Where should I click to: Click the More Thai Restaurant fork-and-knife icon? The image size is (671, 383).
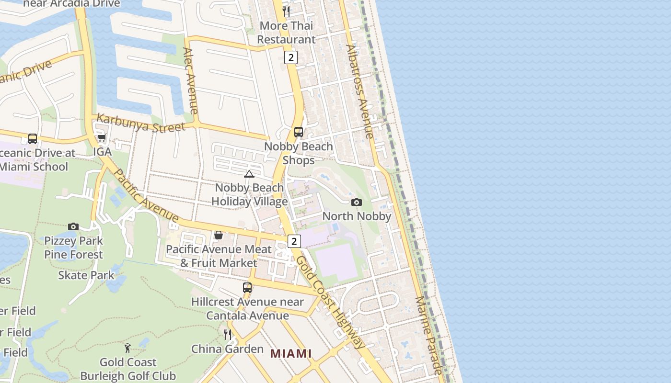pos(286,11)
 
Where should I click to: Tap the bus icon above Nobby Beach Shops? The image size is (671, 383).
pos(298,132)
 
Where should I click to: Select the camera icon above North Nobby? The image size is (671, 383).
pos(356,203)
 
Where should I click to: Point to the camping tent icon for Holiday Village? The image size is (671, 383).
pos(249,174)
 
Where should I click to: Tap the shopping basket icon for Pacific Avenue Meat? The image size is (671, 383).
pos(219,235)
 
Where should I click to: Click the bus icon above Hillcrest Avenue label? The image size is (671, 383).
pos(247,288)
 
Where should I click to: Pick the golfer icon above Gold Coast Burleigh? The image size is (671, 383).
pos(127,348)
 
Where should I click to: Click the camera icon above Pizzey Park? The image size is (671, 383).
pos(73,226)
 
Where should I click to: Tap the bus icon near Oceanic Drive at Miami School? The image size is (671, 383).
pos(33,139)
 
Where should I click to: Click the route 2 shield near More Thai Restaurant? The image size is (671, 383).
pos(290,57)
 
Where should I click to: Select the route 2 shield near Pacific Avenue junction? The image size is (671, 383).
pos(294,241)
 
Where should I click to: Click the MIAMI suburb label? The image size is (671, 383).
pos(291,354)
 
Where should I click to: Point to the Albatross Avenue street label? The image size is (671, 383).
pos(359,91)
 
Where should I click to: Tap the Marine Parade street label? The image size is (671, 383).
pos(429,335)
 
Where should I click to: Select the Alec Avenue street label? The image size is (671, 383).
pos(190,80)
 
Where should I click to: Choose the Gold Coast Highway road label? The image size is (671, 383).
pos(330,302)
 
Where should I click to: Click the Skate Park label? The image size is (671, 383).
pos(86,275)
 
